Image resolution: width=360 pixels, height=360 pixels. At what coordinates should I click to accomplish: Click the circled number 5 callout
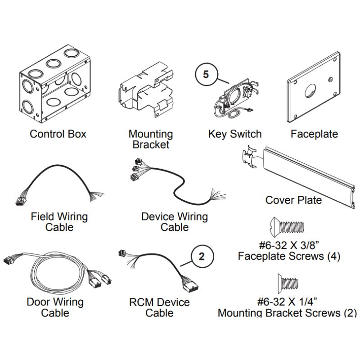click(x=206, y=74)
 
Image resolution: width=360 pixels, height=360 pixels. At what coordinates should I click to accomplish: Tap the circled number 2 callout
click(x=202, y=256)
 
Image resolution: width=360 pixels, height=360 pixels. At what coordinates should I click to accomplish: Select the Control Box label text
click(x=58, y=134)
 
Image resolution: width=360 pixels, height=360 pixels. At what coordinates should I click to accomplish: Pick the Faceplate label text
click(x=314, y=134)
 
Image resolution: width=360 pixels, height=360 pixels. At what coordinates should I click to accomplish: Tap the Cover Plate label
click(x=294, y=200)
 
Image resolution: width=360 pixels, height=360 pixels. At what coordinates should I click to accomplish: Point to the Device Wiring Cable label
click(x=175, y=222)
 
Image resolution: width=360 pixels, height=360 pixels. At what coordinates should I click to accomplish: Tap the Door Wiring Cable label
click(x=55, y=307)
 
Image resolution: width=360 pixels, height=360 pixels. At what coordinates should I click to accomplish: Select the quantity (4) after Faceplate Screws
click(x=333, y=256)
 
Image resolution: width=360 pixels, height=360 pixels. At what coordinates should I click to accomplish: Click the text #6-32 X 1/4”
click(x=287, y=301)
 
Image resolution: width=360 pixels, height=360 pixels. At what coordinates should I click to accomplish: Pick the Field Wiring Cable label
click(x=59, y=222)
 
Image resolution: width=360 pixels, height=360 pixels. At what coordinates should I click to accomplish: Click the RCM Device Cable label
click(x=160, y=307)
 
